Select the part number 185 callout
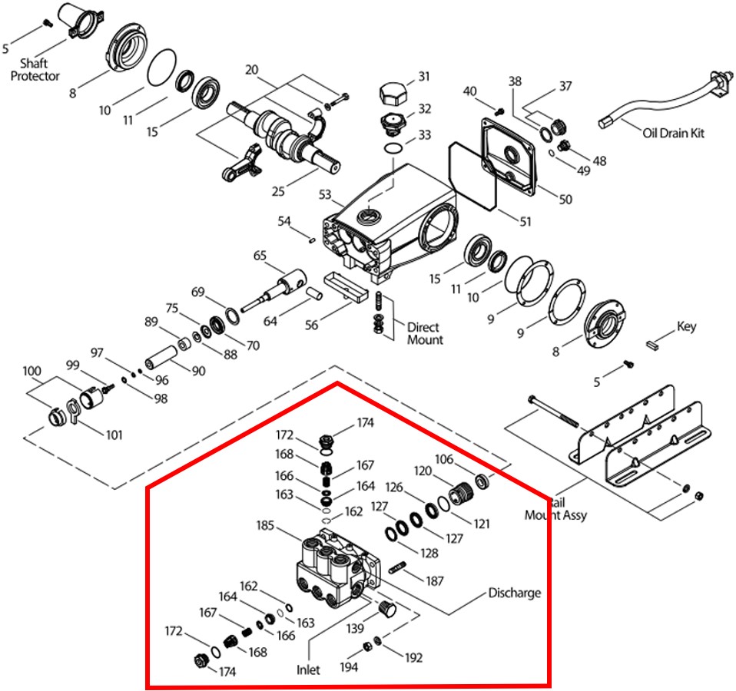pos(267,527)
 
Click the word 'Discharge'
pos(515,593)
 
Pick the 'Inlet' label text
pos(308,670)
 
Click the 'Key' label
pos(686,326)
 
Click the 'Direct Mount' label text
pos(425,333)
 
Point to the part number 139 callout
pos(353,629)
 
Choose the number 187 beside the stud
pos(435,581)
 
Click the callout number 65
pos(260,255)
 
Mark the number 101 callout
pos(114,435)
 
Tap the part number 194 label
pos(349,667)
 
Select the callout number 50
pos(565,200)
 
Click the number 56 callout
pos(311,325)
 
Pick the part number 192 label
pos(413,657)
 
